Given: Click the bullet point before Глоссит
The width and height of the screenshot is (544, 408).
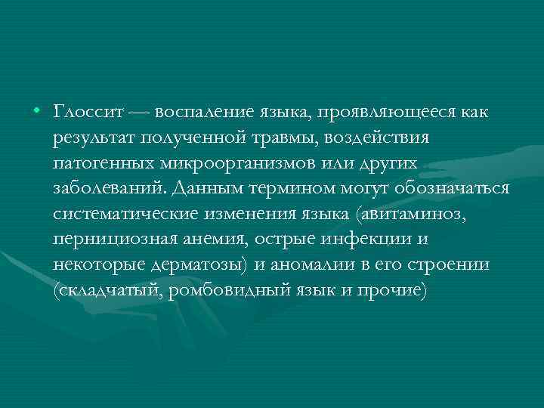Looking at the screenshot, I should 37,113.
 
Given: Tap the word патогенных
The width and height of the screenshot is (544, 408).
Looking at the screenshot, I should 99,163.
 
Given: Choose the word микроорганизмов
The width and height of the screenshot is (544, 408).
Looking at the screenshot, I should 227,164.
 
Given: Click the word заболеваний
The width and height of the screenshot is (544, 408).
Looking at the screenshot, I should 107,189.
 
